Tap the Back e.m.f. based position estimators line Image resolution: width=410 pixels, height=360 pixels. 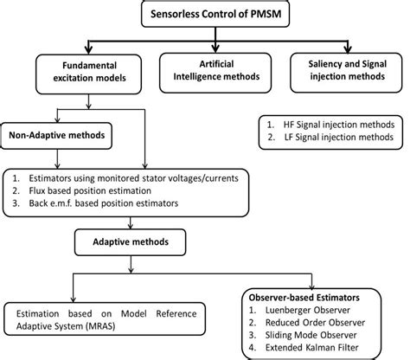[106, 202]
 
